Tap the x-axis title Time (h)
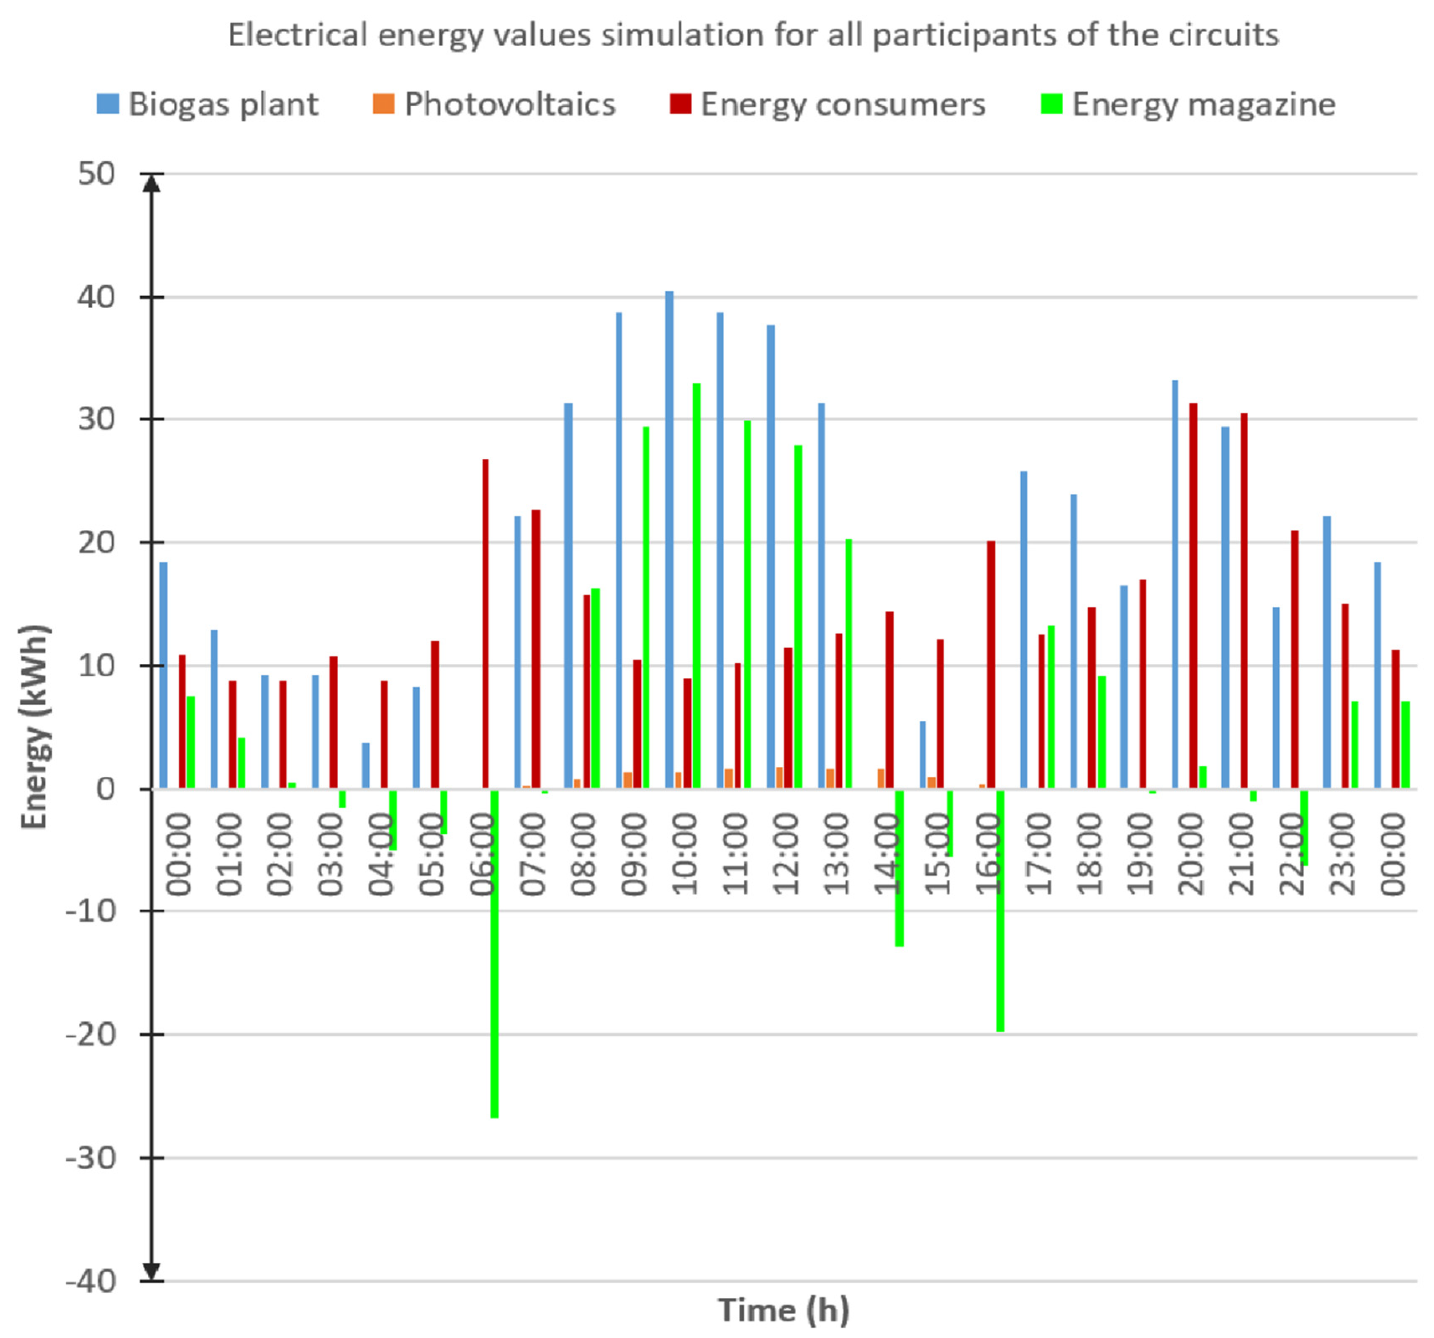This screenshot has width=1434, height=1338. point(784,1309)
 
